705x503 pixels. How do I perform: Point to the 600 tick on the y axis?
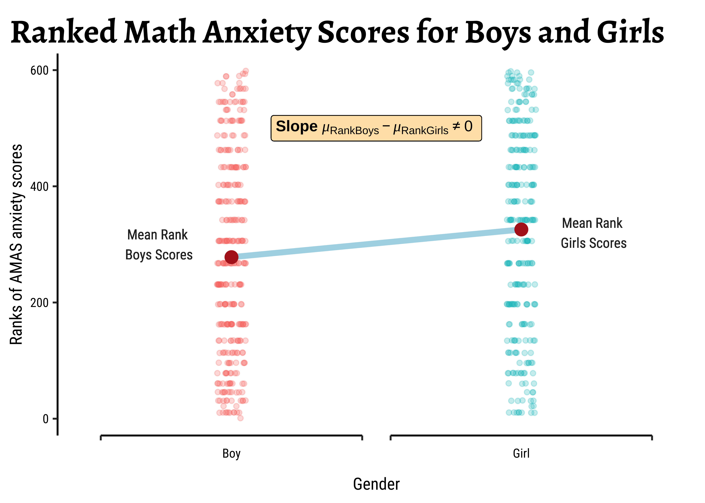coord(39,71)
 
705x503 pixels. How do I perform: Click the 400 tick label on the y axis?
coord(39,187)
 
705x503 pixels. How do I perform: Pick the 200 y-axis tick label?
coord(39,303)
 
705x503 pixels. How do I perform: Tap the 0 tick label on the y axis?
coord(46,419)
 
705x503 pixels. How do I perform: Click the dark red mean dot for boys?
coord(231,257)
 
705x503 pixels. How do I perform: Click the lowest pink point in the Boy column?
coord(240,418)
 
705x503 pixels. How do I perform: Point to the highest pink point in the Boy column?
coord(246,71)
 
